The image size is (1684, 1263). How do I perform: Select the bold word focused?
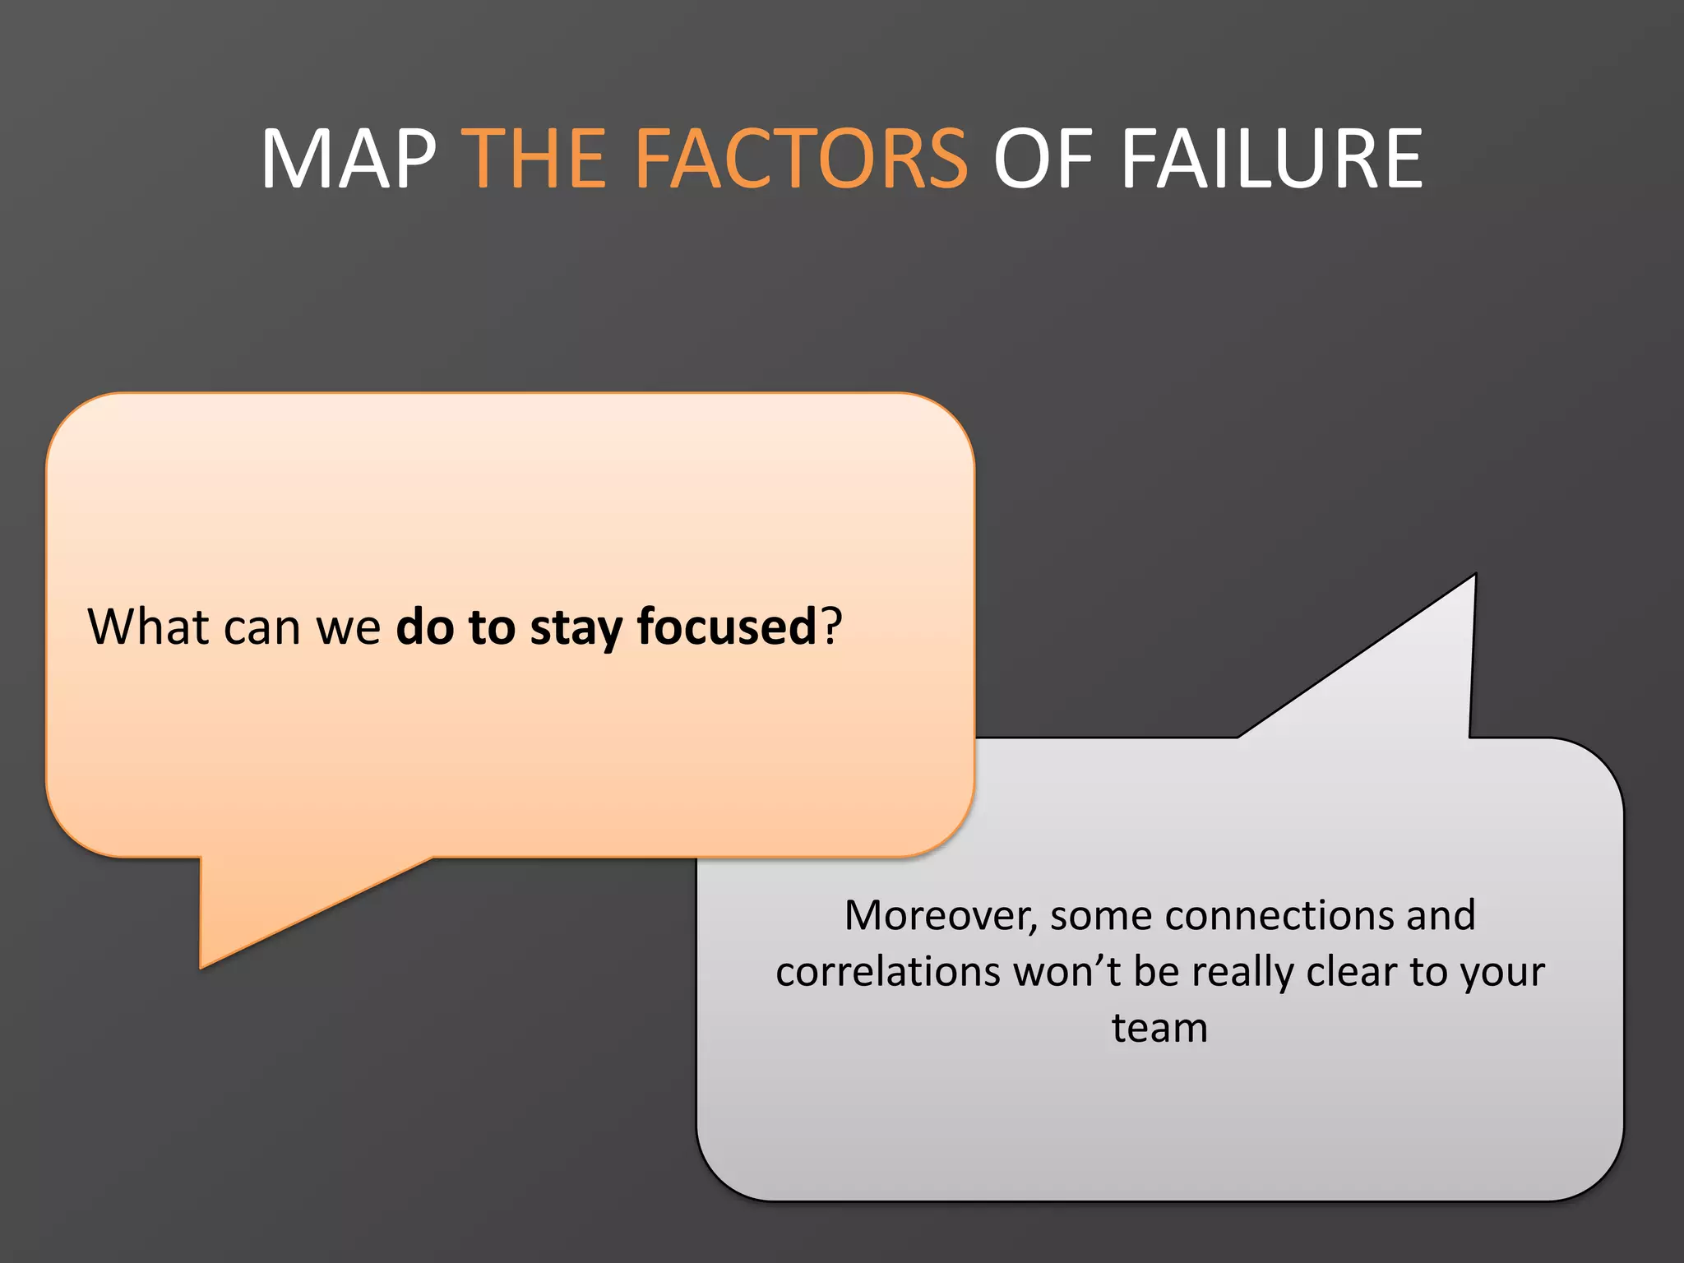tap(726, 628)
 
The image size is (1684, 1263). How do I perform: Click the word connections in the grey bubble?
tap(1279, 916)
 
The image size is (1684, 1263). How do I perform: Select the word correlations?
tap(886, 972)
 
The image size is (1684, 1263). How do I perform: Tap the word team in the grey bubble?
tap(1159, 1028)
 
